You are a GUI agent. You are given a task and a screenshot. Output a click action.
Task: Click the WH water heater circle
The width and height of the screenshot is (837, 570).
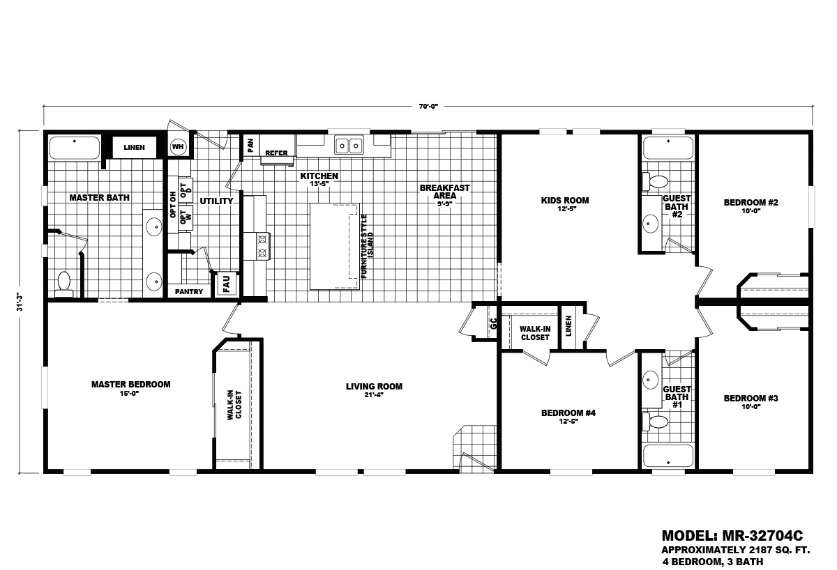[x=179, y=148]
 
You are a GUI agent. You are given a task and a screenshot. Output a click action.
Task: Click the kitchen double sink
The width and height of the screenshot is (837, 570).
[x=349, y=146]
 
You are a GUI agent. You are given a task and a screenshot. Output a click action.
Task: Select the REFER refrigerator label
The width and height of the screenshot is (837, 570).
[x=276, y=153]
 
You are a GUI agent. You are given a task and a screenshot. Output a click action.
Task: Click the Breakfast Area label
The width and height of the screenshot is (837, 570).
[x=444, y=192]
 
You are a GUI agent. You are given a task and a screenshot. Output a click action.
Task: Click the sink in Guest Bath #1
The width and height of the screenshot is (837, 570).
[x=651, y=380]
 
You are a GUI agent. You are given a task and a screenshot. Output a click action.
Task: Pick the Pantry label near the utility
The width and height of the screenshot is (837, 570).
[x=189, y=291]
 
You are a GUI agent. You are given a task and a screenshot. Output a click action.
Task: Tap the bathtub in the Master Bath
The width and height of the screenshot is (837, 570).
[x=74, y=148]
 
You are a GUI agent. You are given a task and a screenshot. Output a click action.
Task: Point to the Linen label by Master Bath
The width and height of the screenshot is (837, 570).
[x=134, y=148]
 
